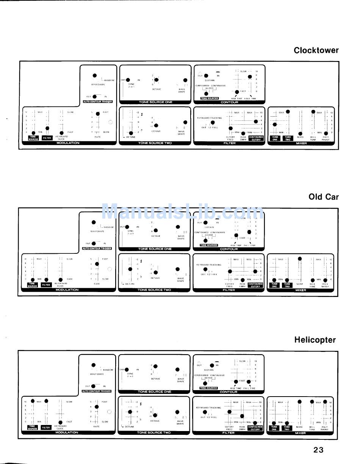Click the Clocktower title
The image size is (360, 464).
(x=316, y=50)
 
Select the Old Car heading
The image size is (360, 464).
(x=323, y=197)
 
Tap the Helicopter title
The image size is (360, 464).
(x=315, y=340)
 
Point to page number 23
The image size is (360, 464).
(x=318, y=450)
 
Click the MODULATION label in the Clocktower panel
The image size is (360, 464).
(x=68, y=143)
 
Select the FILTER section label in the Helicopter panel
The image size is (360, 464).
(x=228, y=433)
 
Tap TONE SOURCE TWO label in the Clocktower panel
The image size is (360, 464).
(x=155, y=143)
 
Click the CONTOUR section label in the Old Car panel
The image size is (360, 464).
(x=229, y=249)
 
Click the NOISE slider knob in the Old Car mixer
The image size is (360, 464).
(x=300, y=259)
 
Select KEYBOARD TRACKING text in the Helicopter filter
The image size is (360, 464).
(x=208, y=408)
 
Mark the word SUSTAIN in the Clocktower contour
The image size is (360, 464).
(x=210, y=80)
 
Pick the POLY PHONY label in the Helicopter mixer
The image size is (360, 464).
(x=324, y=428)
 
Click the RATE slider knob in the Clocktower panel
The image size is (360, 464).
(x=97, y=113)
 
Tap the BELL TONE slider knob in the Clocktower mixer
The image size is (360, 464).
(x=313, y=112)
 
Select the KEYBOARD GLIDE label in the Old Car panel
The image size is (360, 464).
(x=61, y=284)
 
